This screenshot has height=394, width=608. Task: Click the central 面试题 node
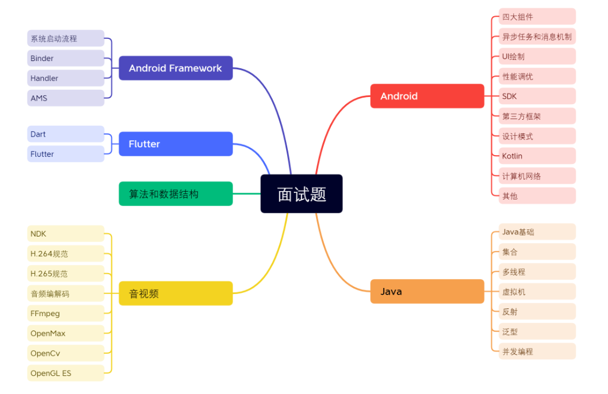(x=301, y=193)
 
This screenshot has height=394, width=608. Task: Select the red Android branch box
(x=427, y=96)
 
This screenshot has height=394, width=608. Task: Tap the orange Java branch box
(x=427, y=292)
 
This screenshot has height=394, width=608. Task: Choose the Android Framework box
(x=175, y=68)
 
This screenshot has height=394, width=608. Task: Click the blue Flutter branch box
(x=175, y=144)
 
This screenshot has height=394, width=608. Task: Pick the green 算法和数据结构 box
(x=175, y=194)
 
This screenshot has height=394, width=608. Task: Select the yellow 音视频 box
(x=175, y=293)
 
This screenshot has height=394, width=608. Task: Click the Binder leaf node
(x=65, y=58)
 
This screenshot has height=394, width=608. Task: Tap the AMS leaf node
(x=65, y=98)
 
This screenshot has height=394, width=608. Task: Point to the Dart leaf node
(x=65, y=134)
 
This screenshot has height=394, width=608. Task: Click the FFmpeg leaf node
(x=65, y=313)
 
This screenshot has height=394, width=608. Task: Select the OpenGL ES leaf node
(x=65, y=373)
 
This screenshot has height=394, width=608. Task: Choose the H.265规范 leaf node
(x=65, y=274)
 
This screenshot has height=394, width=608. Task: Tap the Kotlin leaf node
(x=537, y=156)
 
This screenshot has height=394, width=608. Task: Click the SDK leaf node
(x=537, y=96)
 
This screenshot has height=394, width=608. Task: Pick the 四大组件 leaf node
(x=537, y=17)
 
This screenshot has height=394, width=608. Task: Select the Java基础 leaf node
(x=537, y=232)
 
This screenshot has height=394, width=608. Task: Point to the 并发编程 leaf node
(x=537, y=351)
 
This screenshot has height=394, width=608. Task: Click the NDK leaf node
(x=65, y=234)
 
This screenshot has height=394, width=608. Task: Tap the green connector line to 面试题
(x=246, y=193)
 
